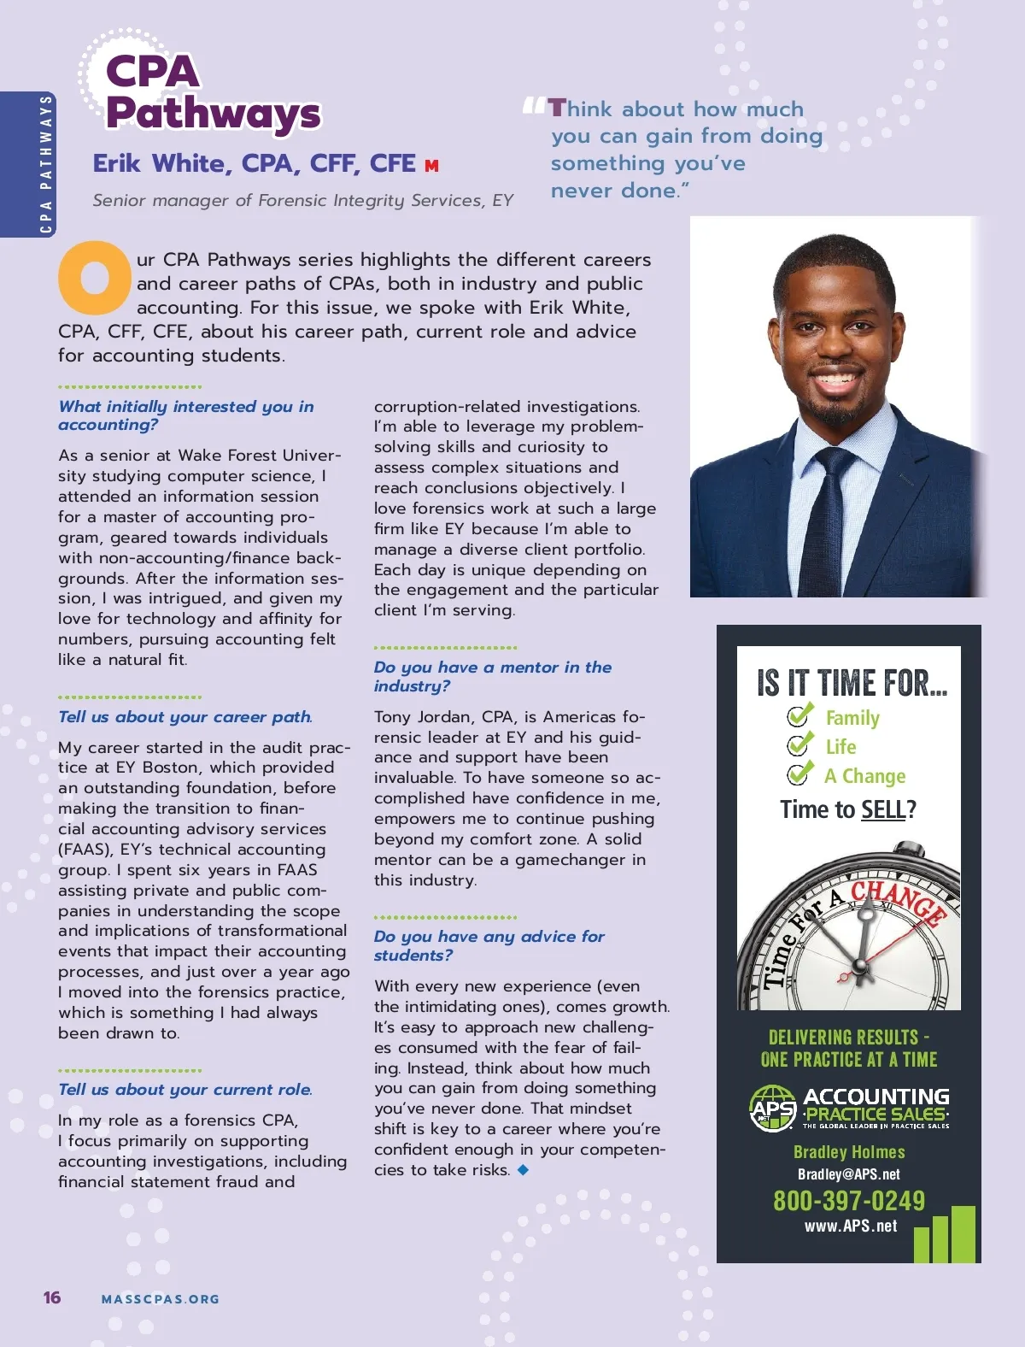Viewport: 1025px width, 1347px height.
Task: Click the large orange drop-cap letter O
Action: coord(95,277)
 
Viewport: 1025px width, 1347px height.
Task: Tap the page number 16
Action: coord(52,1297)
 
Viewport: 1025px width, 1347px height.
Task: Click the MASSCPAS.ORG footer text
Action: coord(161,1299)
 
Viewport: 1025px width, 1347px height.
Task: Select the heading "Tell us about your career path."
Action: coord(185,717)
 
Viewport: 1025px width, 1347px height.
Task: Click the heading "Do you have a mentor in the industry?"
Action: coord(492,676)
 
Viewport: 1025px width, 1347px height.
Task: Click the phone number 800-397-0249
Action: coord(848,1201)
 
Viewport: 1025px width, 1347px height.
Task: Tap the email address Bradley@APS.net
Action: coord(848,1174)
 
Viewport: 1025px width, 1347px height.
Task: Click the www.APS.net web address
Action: coord(850,1226)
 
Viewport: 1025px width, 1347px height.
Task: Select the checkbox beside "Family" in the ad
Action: coord(799,715)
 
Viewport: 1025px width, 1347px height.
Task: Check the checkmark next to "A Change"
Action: coord(799,773)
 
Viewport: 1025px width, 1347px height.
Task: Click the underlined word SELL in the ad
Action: coord(882,809)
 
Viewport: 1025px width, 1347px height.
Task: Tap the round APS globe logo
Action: coord(772,1109)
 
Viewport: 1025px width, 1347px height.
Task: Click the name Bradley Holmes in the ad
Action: coord(848,1152)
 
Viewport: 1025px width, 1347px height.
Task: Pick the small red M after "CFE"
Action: coord(431,166)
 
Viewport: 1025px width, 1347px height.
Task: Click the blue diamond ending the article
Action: coord(523,1169)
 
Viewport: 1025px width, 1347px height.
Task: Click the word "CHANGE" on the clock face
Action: coord(899,901)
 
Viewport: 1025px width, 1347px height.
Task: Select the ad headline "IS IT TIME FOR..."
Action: coord(852,683)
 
